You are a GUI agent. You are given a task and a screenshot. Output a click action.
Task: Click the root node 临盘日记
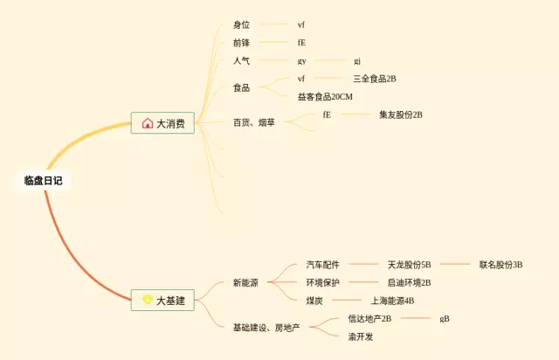pos(43,181)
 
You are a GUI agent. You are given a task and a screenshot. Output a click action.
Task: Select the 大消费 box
pos(162,123)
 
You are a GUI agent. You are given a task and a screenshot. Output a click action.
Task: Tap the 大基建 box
pos(162,300)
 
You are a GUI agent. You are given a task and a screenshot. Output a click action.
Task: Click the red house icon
pos(148,123)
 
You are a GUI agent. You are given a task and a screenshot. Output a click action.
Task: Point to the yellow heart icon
pos(148,300)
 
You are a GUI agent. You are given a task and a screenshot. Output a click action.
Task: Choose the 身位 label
pos(241,24)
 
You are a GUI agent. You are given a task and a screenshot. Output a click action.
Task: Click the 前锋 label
pos(241,43)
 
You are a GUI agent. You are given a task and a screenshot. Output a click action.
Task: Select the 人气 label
pos(241,61)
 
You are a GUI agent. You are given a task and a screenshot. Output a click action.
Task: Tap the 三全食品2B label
pos(375,79)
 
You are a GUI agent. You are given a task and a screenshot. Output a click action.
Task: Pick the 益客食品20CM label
pos(325,96)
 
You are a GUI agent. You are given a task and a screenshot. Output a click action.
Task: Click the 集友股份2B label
pos(401,114)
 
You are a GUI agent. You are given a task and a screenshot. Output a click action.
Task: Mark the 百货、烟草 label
pos(253,123)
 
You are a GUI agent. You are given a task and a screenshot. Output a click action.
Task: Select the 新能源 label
pos(245,282)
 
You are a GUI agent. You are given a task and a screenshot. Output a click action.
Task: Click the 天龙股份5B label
pos(410,264)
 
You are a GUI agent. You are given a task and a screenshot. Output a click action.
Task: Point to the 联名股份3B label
pos(500,264)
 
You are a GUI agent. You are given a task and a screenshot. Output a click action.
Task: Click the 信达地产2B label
pos(369,319)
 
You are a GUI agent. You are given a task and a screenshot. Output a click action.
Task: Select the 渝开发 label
pos(361,336)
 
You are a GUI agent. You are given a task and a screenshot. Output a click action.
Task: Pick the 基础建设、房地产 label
pos(266,328)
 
